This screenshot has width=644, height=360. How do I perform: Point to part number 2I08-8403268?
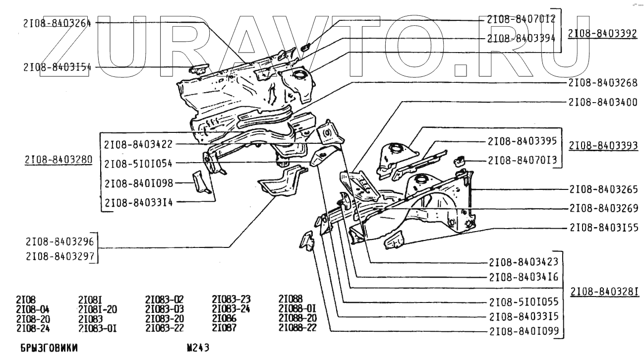pos(603,82)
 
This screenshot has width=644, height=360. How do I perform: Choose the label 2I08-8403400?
pos(603,102)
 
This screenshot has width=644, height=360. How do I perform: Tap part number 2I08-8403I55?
pos(603,228)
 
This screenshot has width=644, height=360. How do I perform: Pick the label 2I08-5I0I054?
pos(138,163)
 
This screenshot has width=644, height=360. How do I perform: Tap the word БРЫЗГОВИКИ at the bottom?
pos(49,349)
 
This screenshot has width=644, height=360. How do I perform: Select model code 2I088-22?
pos(297,328)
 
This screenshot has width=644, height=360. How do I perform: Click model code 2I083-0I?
pos(97,328)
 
